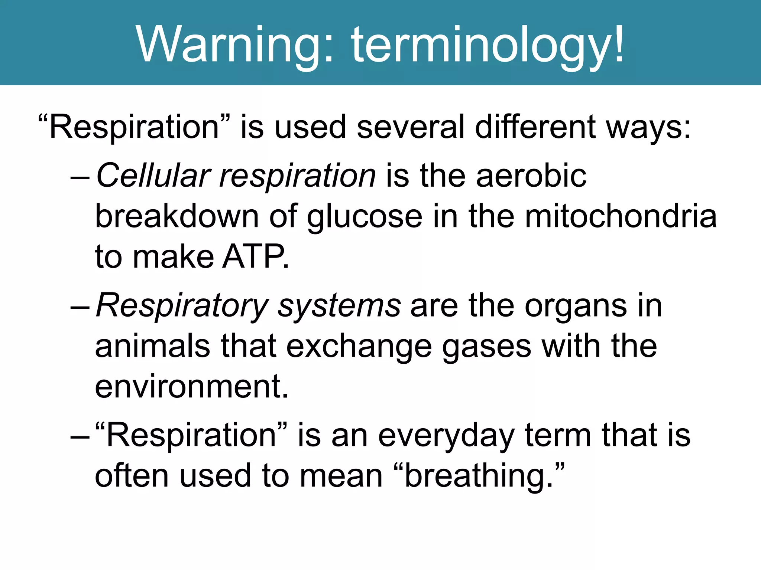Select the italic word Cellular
[x=153, y=176]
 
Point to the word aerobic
[x=531, y=176]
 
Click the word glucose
[x=365, y=217]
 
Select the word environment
[x=191, y=387]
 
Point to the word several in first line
[x=411, y=127]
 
